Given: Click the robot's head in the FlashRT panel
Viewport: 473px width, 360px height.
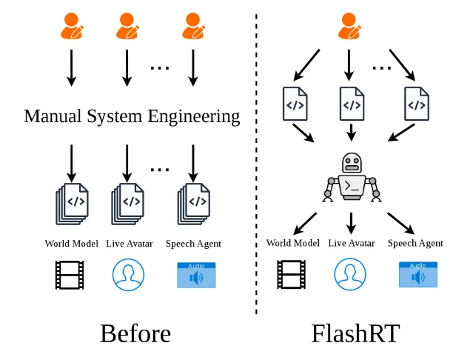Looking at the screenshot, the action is pyautogui.click(x=352, y=163).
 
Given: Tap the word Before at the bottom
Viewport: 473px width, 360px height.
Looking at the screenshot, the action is pyautogui.click(x=135, y=333).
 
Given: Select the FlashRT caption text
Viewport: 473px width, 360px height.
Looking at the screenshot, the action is pyautogui.click(x=355, y=333).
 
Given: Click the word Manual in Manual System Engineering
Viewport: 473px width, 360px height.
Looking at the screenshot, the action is pyautogui.click(x=53, y=116).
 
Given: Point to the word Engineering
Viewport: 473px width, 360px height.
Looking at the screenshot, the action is pyautogui.click(x=194, y=117).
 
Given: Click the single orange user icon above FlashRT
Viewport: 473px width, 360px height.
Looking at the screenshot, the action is pyautogui.click(x=349, y=26).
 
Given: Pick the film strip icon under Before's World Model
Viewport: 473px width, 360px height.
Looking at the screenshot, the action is pyautogui.click(x=70, y=275).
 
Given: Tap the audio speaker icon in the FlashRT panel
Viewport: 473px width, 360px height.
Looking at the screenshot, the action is pyautogui.click(x=418, y=275).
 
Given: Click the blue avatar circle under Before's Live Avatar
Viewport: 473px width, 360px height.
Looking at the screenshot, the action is pyautogui.click(x=128, y=275).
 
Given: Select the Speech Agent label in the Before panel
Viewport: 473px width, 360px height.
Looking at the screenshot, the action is pyautogui.click(x=193, y=244).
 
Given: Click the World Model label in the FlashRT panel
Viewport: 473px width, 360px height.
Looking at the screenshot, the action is pyautogui.click(x=292, y=243).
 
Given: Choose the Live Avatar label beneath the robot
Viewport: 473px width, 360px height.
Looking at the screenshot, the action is pyautogui.click(x=352, y=243).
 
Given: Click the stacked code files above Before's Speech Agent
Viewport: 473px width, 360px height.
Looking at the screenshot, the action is pyautogui.click(x=194, y=204).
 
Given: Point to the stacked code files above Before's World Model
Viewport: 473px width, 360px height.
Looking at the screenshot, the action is pyautogui.click(x=72, y=204).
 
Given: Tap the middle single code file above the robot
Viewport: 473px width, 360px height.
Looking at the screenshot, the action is pyautogui.click(x=352, y=104).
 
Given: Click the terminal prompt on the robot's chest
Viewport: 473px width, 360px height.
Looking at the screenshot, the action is pyautogui.click(x=352, y=186).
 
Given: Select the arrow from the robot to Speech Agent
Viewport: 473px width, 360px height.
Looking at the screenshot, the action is pyautogui.click(x=401, y=223).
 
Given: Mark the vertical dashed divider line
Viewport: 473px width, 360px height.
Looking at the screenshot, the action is pyautogui.click(x=256, y=164).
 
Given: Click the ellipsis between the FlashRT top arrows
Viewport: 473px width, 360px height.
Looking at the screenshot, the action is pyautogui.click(x=382, y=68).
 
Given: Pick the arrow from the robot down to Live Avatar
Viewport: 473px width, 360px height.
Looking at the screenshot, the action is pyautogui.click(x=351, y=223).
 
